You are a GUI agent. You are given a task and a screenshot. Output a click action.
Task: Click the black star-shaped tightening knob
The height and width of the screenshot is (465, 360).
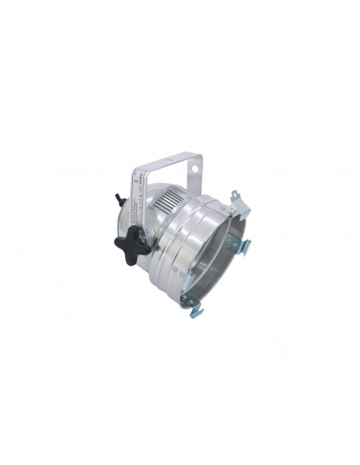132,245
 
